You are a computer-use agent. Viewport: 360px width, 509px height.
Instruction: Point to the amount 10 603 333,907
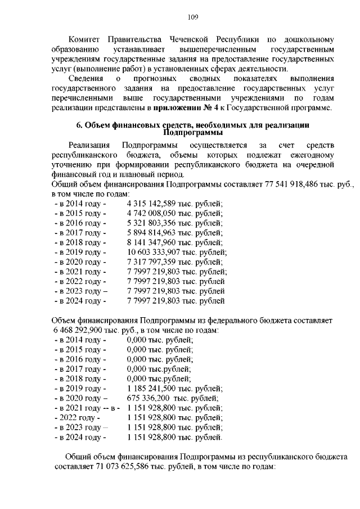coord(154,252)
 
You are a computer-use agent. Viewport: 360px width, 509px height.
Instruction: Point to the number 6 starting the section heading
coord(79,125)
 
